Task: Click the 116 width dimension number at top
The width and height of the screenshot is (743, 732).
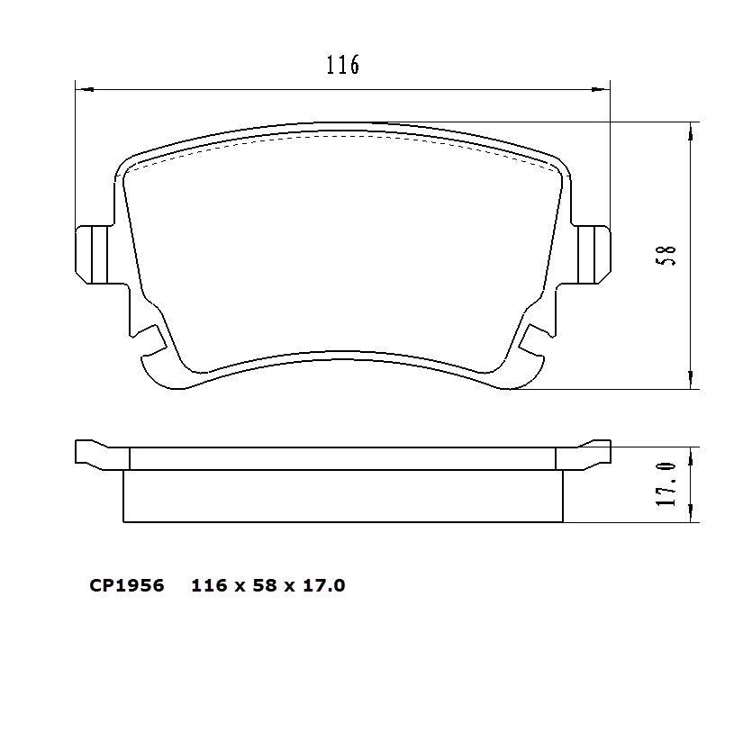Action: [x=342, y=65]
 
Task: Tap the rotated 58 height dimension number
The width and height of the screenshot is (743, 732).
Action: [x=668, y=255]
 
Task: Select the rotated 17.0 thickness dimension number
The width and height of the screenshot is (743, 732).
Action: [x=666, y=483]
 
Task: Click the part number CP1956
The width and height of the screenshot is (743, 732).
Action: [x=126, y=586]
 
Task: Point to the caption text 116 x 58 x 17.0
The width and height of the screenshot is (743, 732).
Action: [x=268, y=586]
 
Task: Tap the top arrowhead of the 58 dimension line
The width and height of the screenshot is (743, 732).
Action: [x=690, y=131]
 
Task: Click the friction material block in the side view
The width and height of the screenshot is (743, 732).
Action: [x=342, y=496]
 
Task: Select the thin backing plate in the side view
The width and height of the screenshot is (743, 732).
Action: [x=342, y=458]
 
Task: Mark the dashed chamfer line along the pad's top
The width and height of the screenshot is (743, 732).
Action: [x=342, y=137]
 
